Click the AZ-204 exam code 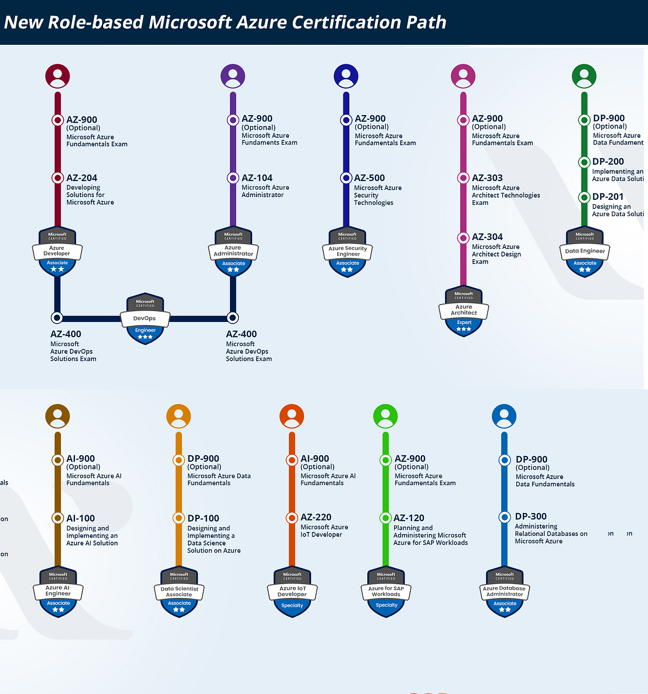click(x=82, y=178)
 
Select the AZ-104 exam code click(x=257, y=178)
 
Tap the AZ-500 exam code click(x=369, y=178)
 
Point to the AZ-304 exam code click(x=487, y=237)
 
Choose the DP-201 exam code click(x=607, y=197)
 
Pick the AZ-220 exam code click(x=316, y=517)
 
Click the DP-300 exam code click(x=531, y=516)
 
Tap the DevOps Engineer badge click(x=145, y=319)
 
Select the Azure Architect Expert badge click(x=464, y=311)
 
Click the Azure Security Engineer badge click(x=348, y=252)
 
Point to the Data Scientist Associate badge click(x=179, y=592)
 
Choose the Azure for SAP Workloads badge click(x=386, y=592)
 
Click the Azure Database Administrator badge click(x=505, y=592)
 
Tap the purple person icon click(x=233, y=76)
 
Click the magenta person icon click(x=463, y=76)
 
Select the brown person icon click(x=58, y=416)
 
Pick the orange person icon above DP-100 click(x=179, y=416)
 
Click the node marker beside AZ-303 click(x=463, y=178)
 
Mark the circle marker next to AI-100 click(x=58, y=518)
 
